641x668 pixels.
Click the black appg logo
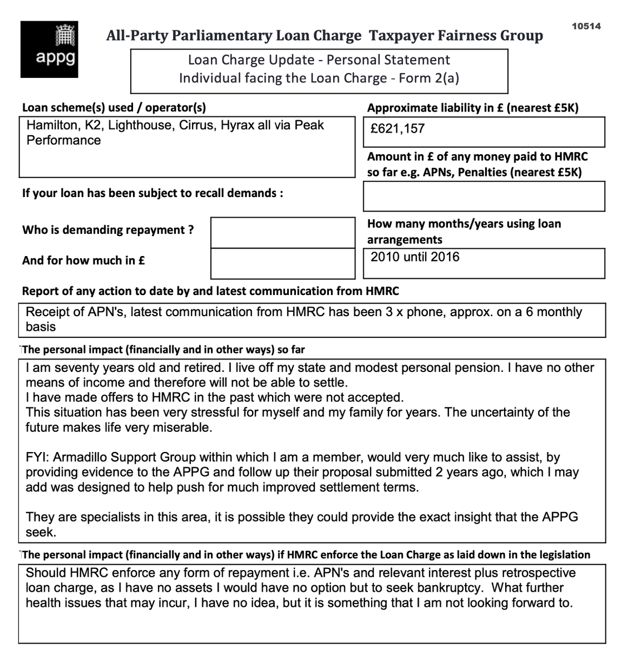click(49, 49)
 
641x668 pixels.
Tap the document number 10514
click(586, 26)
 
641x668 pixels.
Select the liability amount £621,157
click(398, 129)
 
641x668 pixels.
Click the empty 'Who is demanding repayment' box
click(283, 232)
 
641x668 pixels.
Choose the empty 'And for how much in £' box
click(283, 263)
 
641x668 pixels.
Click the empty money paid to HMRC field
click(484, 197)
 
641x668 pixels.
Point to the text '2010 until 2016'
click(415, 257)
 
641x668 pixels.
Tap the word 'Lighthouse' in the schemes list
click(140, 125)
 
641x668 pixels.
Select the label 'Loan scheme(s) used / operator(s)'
click(114, 108)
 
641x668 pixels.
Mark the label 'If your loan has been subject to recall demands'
click(152, 194)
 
